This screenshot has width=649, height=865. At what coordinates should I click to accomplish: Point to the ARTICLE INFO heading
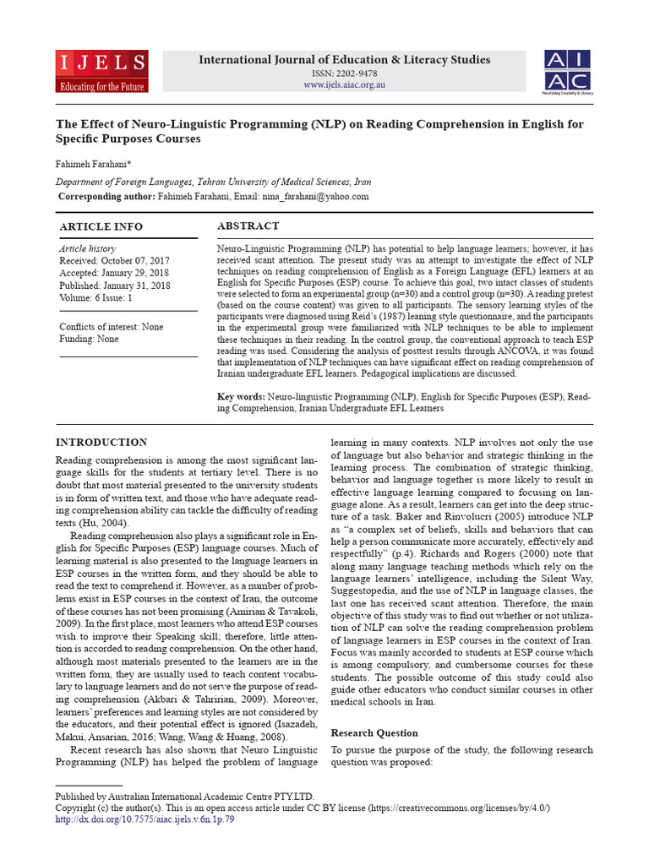click(x=101, y=227)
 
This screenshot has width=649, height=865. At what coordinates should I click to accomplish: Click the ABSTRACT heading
click(x=248, y=226)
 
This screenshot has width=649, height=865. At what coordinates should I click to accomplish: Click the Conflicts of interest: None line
click(x=112, y=327)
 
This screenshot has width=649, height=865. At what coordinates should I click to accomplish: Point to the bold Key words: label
click(x=242, y=396)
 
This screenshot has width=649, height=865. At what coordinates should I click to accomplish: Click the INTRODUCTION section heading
click(x=101, y=443)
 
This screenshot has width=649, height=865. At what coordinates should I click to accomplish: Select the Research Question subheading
click(x=374, y=732)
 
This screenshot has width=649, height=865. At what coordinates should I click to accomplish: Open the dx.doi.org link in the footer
click(x=145, y=819)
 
